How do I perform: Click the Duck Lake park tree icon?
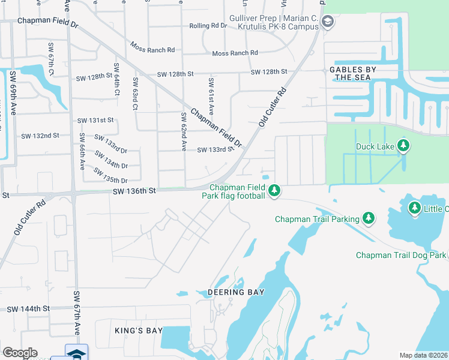(x=404, y=146)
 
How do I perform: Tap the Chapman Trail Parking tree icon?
(x=369, y=218)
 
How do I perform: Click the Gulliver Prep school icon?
(x=327, y=23)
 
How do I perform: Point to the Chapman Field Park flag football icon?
(x=274, y=191)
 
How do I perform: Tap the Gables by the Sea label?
(x=352, y=73)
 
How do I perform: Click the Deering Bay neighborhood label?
(x=236, y=292)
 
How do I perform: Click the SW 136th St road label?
(x=134, y=190)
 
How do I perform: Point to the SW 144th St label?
(x=28, y=308)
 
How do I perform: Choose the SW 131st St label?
(x=95, y=121)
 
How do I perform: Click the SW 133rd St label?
(x=214, y=150)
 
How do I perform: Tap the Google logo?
(x=20, y=353)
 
